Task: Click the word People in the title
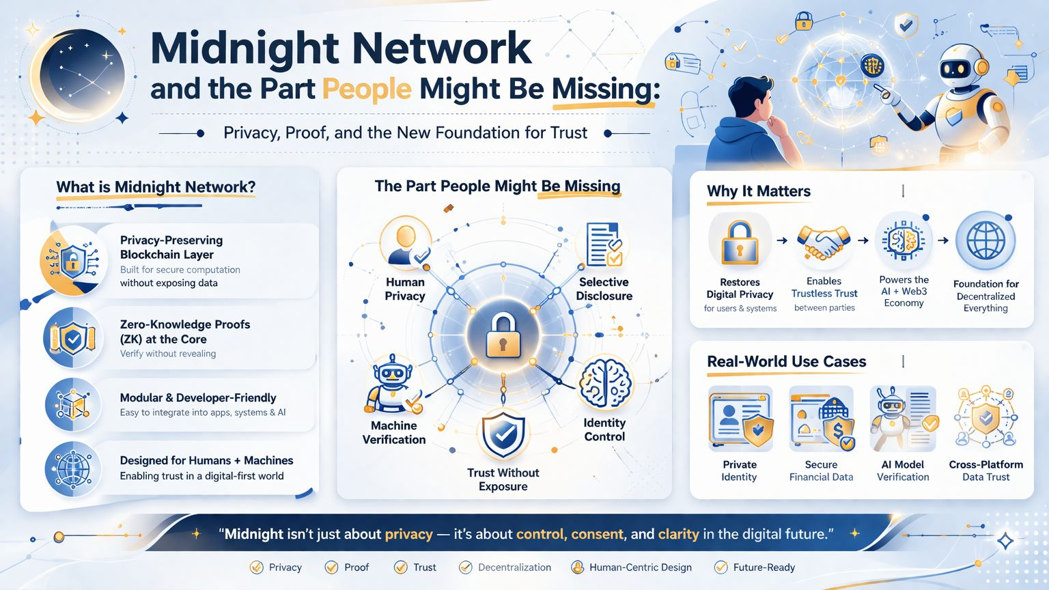(x=367, y=89)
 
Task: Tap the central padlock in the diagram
(x=503, y=335)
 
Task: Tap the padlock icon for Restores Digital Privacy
(x=740, y=242)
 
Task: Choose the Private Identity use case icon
(x=741, y=419)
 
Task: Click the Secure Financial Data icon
(x=822, y=419)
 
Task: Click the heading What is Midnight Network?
(x=156, y=187)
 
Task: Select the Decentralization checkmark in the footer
(x=466, y=567)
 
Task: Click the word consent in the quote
(x=598, y=534)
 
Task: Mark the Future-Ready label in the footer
(x=764, y=567)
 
